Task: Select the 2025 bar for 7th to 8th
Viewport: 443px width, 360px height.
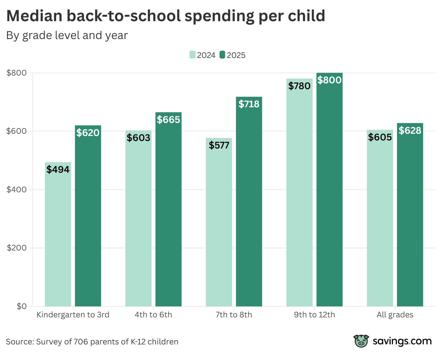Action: click(249, 206)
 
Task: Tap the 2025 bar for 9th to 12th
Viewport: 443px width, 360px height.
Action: click(329, 195)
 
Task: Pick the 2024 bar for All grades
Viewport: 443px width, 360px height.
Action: click(380, 223)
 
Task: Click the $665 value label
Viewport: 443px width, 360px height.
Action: click(169, 120)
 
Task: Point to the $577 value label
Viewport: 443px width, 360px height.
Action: click(219, 145)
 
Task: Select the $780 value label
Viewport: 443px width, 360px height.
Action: click(299, 86)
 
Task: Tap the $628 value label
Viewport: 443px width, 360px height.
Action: click(410, 130)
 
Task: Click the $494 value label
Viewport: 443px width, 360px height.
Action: click(58, 169)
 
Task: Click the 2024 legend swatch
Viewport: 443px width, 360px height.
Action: click(192, 55)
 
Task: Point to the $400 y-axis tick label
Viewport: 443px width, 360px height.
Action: click(16, 189)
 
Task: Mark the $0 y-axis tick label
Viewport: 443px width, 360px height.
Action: click(21, 306)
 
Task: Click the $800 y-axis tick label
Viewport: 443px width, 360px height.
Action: click(16, 73)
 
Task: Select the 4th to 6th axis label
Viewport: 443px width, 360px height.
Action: click(153, 315)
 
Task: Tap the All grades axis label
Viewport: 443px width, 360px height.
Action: click(395, 315)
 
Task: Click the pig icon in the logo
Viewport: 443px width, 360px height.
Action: click(361, 341)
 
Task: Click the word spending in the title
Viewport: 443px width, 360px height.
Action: click(220, 16)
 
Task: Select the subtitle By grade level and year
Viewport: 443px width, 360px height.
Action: click(67, 35)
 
